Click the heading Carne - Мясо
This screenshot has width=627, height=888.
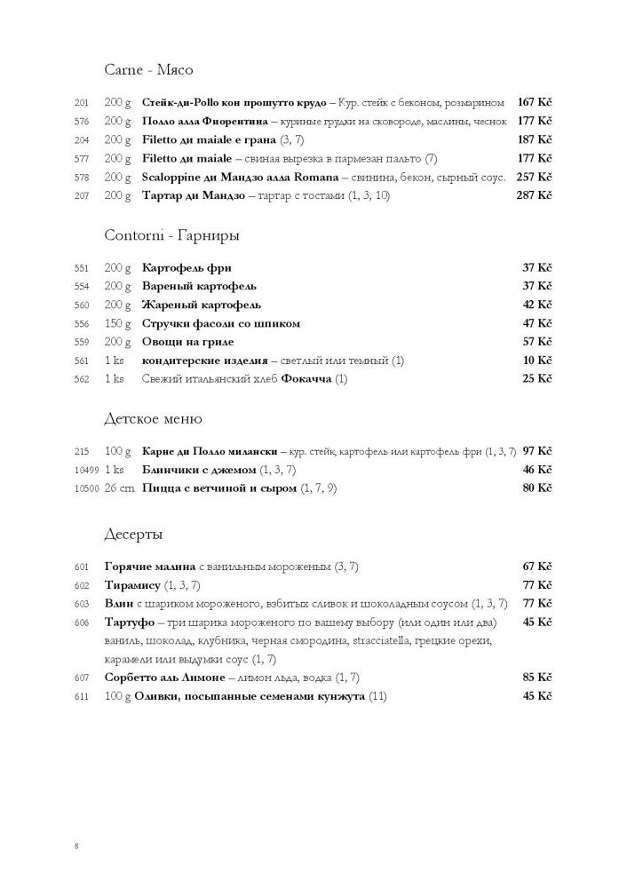pos(148,69)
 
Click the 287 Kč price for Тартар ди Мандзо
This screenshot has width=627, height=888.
pos(534,195)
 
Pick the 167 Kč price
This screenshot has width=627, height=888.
pos(535,102)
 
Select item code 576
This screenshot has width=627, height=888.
pos(83,122)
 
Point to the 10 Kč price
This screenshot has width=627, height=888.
pos(537,361)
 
